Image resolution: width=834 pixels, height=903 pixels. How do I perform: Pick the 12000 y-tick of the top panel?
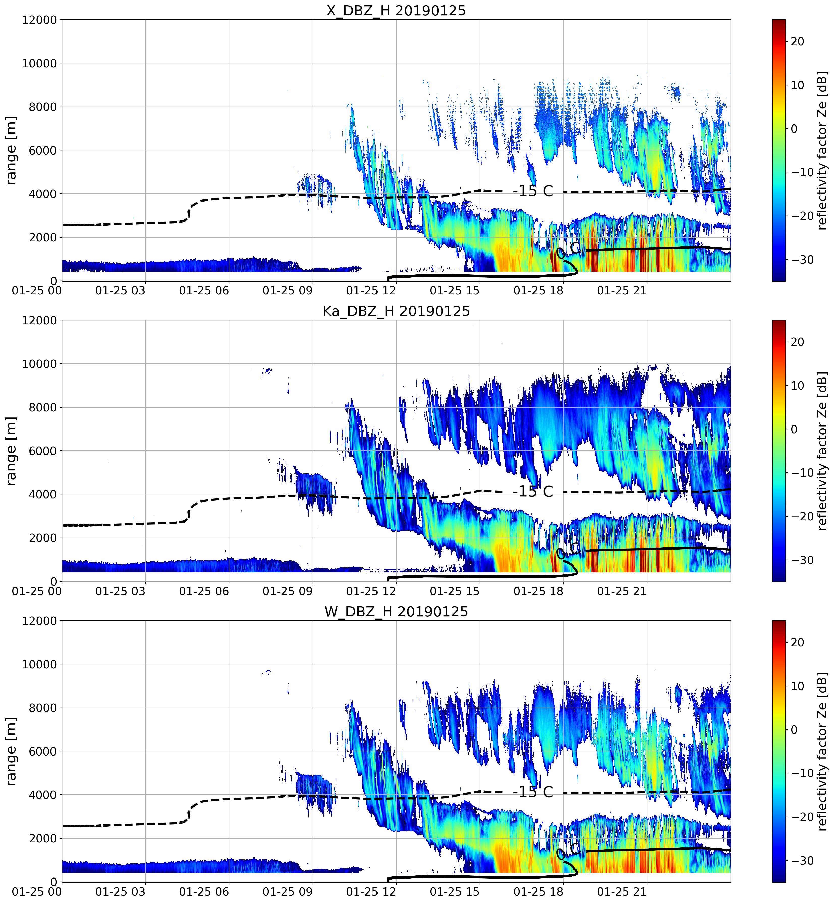coord(40,20)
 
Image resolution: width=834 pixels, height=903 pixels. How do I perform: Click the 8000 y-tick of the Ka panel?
coord(43,407)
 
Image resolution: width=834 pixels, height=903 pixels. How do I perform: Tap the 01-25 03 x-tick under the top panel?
coord(121,290)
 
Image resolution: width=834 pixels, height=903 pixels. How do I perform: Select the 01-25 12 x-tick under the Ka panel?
coord(371,591)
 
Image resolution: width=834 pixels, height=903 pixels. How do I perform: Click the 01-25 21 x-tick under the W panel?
coord(622,892)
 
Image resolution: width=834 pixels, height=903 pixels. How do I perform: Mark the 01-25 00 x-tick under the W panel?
coord(37,892)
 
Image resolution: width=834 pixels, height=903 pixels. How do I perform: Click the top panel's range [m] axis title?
coord(11,150)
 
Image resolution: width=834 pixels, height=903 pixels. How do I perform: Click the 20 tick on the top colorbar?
coord(797,41)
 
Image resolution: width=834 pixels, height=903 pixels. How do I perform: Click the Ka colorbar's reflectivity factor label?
coord(822,450)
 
